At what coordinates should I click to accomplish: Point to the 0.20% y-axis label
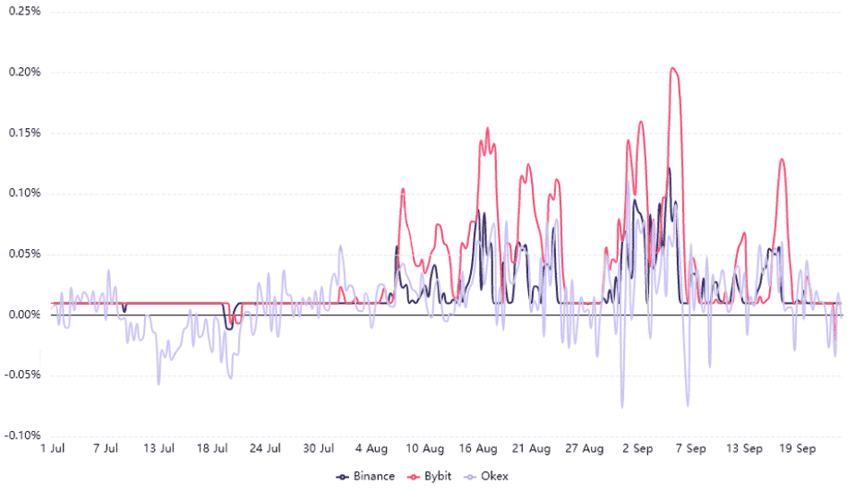pos(22,72)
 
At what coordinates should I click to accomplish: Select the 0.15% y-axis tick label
pos(22,133)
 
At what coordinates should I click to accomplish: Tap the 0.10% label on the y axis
pos(22,193)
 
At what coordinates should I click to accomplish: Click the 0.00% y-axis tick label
pos(22,315)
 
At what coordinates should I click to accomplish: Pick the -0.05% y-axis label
pos(21,375)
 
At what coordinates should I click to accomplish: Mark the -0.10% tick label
pos(21,436)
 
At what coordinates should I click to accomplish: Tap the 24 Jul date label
pos(267,447)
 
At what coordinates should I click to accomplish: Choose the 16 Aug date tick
pos(479,447)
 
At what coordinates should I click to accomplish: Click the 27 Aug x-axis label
pos(585,447)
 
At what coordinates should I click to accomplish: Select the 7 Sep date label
pos(691,447)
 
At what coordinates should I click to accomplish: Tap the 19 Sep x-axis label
pos(797,447)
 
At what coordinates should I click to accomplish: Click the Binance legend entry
pos(365,476)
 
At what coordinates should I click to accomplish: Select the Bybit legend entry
pos(429,476)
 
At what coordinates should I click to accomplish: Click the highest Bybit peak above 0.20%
pos(672,68)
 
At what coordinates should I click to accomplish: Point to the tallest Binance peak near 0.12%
pos(668,168)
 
